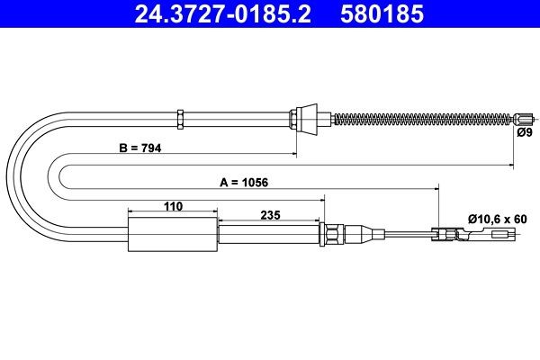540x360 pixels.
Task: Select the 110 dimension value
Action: pos(173,207)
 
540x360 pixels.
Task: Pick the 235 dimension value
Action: pos(269,214)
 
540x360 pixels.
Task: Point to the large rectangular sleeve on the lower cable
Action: pos(173,236)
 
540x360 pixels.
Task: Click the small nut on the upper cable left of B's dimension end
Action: pos(181,117)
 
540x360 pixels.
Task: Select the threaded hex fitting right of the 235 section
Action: pos(331,236)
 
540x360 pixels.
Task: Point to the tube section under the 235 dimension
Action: pos(269,236)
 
